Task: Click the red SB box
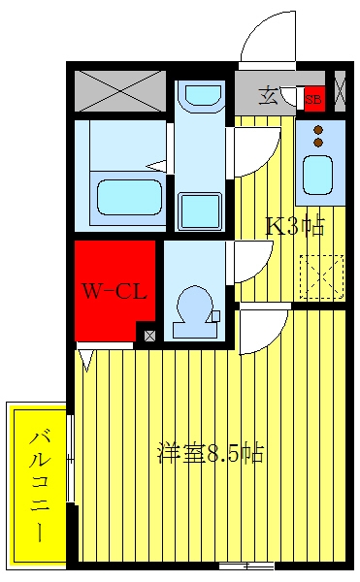tap(314, 99)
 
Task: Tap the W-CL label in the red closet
tap(115, 291)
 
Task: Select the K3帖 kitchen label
tap(295, 226)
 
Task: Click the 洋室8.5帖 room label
tap(211, 452)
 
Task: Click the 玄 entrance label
tap(268, 95)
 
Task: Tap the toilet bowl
tap(195, 311)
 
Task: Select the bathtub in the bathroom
tap(129, 197)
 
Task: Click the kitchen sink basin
tap(317, 175)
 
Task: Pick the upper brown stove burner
tap(318, 130)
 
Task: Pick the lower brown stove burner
tap(318, 143)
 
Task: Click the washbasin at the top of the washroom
tap(203, 95)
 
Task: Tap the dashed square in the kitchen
tap(321, 276)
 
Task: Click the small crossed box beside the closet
tap(149, 336)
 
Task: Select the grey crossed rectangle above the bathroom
tap(120, 91)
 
